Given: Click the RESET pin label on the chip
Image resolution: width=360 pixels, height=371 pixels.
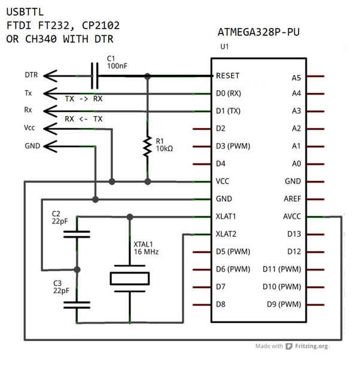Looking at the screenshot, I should point(228,76).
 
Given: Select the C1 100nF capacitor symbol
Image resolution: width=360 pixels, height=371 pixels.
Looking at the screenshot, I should point(95,76).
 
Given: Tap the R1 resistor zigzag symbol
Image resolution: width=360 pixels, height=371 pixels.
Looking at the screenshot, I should point(147,145).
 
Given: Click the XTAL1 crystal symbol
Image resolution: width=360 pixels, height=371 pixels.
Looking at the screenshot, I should point(129,278).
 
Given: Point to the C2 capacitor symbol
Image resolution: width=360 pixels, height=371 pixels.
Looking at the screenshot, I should point(77,234).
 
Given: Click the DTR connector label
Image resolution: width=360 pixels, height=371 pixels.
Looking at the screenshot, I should point(32,76).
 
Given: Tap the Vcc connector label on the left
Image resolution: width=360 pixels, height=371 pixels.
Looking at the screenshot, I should point(30,127).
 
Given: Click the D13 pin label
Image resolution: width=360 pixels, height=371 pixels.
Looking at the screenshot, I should point(294,234).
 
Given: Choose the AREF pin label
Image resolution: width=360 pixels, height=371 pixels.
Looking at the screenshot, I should point(291,199).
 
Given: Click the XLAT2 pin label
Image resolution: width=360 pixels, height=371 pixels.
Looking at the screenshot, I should point(226,234).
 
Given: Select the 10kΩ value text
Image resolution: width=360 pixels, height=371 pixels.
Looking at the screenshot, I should point(164,149).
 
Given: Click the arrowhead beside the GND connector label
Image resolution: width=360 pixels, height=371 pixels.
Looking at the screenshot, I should point(50,145).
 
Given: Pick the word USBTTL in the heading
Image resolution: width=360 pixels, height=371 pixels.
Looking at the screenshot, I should point(26,11).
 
